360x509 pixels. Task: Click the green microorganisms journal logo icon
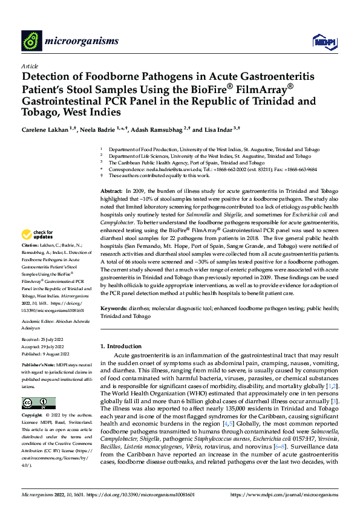click(30, 41)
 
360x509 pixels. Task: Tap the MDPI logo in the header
click(321, 41)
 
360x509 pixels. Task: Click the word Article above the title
click(30, 66)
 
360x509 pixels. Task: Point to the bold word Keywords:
click(115, 308)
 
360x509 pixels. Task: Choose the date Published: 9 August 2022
click(46, 354)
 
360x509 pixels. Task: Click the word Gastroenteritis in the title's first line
click(275, 77)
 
